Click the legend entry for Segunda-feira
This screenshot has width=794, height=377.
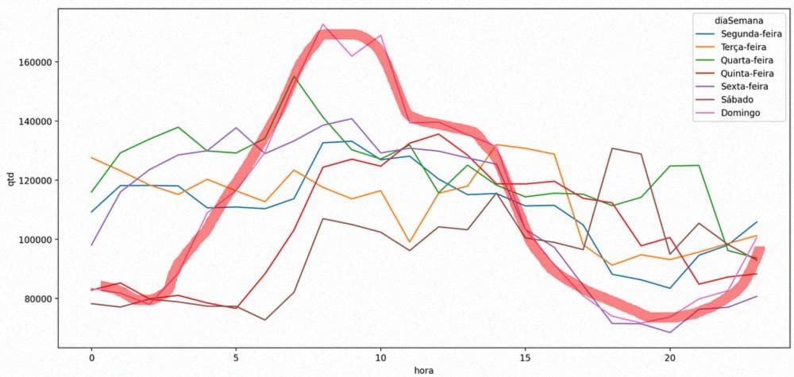(751, 35)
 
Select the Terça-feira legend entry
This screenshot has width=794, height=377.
(747, 48)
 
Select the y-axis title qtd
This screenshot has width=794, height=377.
(11, 180)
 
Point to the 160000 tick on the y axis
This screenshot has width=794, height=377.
(35, 62)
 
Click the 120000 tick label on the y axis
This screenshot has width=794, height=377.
(35, 180)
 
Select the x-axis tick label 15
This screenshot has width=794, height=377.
(525, 356)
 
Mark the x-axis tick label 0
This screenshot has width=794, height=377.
(91, 356)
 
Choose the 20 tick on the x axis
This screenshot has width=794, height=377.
(669, 356)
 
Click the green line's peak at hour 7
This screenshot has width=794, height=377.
(295, 77)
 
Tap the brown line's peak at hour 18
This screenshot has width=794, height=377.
(612, 148)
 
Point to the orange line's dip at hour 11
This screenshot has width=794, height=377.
(410, 241)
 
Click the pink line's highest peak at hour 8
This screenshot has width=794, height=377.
(323, 25)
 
